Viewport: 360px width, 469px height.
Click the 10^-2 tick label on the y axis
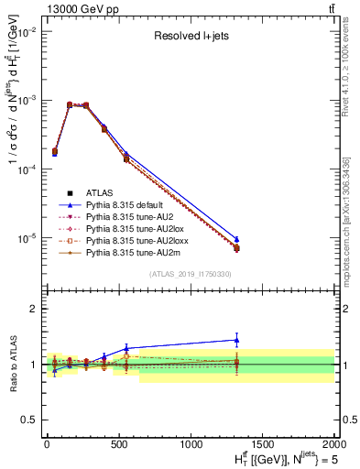pos(26,31)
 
